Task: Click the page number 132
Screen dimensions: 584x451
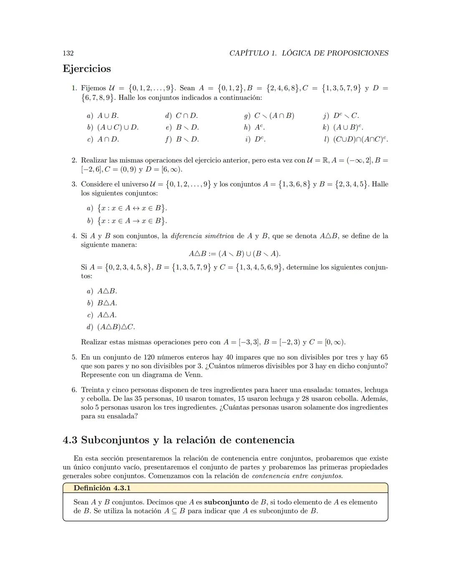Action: click(68, 53)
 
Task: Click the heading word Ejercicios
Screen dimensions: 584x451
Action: click(87, 69)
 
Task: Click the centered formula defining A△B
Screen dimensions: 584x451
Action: click(234, 254)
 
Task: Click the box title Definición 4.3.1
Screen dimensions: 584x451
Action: click(102, 488)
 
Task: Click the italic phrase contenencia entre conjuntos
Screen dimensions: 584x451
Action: click(297, 476)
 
